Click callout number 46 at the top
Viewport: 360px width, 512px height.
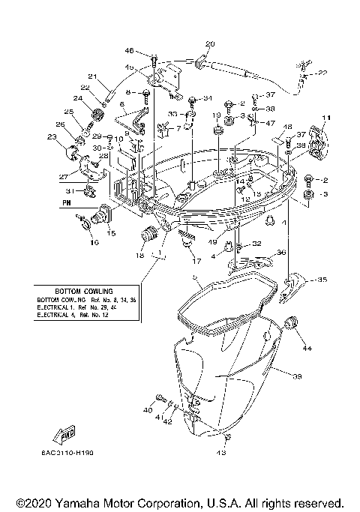click(x=129, y=50)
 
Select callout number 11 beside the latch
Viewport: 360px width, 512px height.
click(x=326, y=118)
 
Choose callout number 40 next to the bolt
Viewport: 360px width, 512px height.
click(x=147, y=410)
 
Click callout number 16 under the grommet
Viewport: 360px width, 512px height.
click(x=94, y=243)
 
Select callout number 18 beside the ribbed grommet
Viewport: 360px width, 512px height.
click(x=139, y=255)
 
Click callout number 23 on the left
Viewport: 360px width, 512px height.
click(x=51, y=136)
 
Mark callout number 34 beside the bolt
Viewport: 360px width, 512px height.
click(x=208, y=98)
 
